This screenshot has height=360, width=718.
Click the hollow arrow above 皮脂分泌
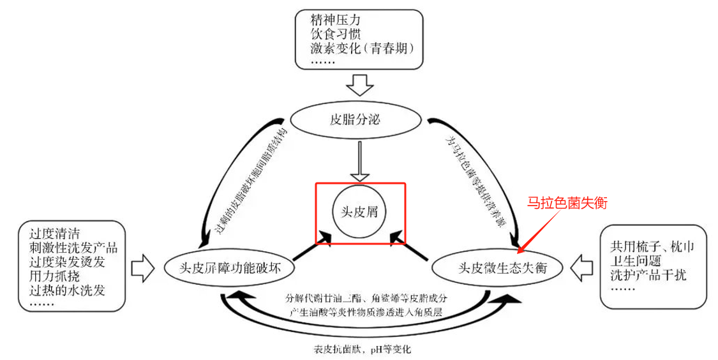[359, 85]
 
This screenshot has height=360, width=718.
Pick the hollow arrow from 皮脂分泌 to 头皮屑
[359, 160]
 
